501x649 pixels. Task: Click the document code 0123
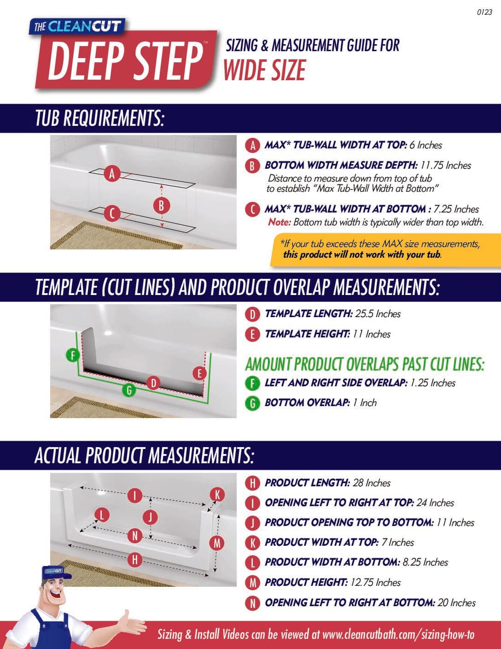pyautogui.click(x=484, y=12)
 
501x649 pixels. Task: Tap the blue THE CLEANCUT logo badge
pyautogui.click(x=77, y=27)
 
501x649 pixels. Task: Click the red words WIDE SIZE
pyautogui.click(x=265, y=70)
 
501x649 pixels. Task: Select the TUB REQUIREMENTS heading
pyautogui.click(x=99, y=118)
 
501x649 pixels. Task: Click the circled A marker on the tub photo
pyautogui.click(x=112, y=173)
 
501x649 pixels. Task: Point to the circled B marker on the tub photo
pyautogui.click(x=162, y=206)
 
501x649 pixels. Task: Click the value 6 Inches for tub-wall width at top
pyautogui.click(x=426, y=145)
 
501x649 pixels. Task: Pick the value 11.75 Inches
pyautogui.click(x=446, y=165)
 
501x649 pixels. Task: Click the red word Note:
pyautogui.click(x=280, y=222)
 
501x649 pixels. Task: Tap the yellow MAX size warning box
pyautogui.click(x=385, y=250)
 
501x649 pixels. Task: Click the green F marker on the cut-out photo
pyautogui.click(x=73, y=355)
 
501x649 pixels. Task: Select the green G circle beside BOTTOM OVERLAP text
pyautogui.click(x=252, y=403)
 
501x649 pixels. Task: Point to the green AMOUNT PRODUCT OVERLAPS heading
pyautogui.click(x=365, y=365)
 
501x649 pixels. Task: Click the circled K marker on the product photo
pyautogui.click(x=217, y=495)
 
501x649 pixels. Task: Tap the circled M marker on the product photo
pyautogui.click(x=217, y=543)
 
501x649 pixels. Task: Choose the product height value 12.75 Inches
pyautogui.click(x=375, y=583)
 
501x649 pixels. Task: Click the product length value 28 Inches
pyautogui.click(x=372, y=483)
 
